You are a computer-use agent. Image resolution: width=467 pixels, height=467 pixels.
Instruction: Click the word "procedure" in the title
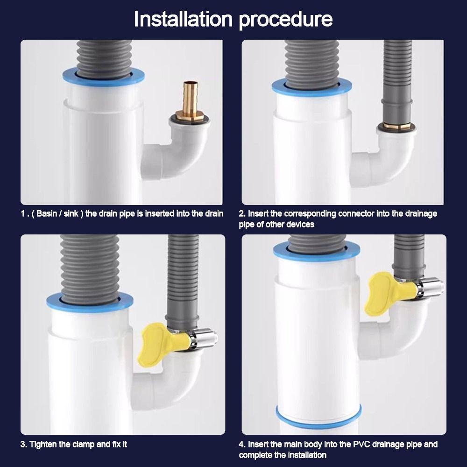coord(286,20)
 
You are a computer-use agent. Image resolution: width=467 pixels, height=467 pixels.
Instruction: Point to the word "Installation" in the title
coord(183,19)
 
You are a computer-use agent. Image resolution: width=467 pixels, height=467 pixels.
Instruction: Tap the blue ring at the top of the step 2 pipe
coord(311,87)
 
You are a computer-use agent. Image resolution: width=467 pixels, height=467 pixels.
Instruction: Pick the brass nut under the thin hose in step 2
coord(396,125)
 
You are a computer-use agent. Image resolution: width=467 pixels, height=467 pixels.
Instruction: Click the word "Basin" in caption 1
coord(47,213)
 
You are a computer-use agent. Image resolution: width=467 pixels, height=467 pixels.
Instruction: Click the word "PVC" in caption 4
coord(361,444)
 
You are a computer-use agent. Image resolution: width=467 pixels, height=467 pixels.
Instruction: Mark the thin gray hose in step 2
coord(397,80)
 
